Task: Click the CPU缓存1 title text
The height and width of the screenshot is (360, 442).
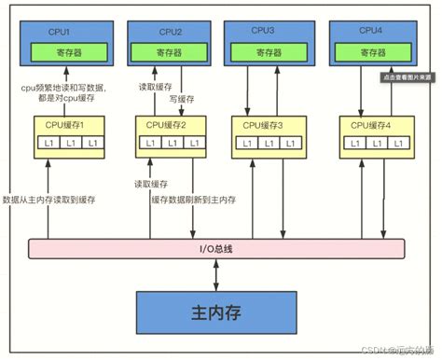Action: tap(65, 124)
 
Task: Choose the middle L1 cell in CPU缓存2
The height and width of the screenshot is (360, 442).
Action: tap(169, 144)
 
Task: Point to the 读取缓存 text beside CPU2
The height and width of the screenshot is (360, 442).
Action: tap(153, 81)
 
